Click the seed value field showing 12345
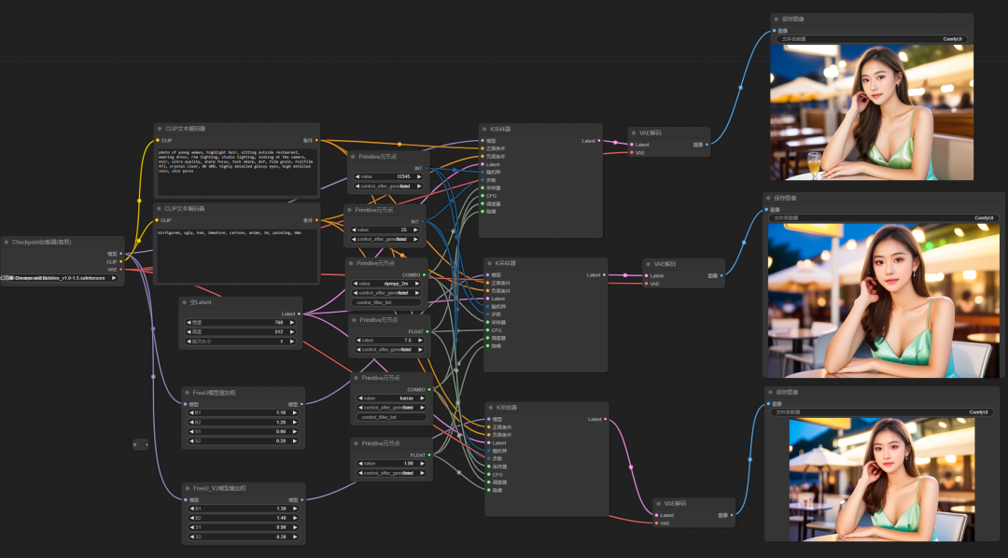pos(387,175)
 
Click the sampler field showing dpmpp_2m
pos(387,283)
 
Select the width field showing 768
pos(241,322)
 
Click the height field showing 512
pos(241,331)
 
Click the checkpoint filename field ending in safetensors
pos(62,278)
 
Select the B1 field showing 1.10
pos(244,412)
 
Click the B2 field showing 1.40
pos(244,517)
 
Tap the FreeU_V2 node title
pos(219,488)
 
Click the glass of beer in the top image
pos(814,162)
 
